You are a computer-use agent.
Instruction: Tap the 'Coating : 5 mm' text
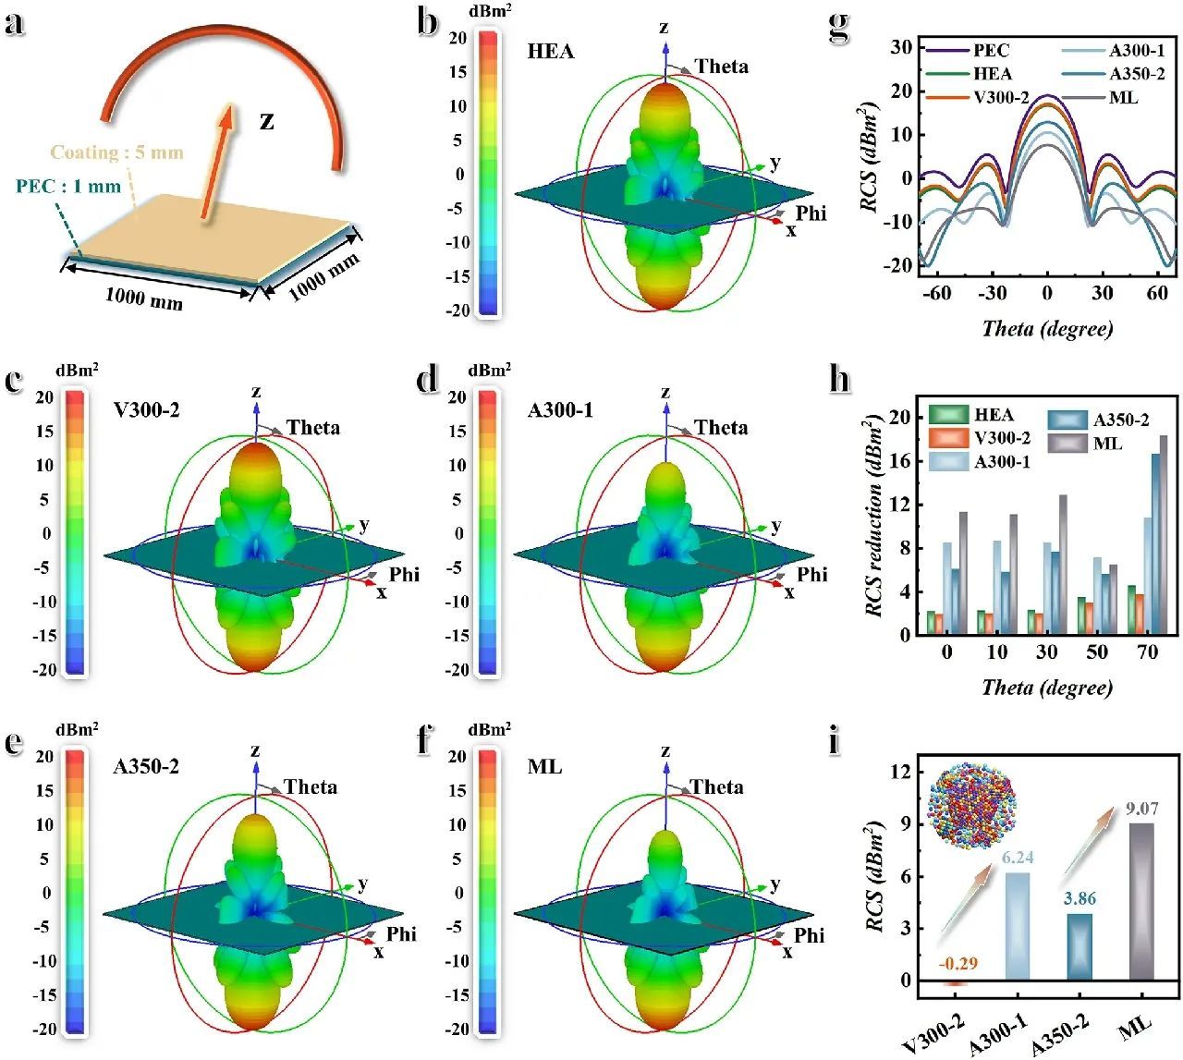pyautogui.click(x=116, y=152)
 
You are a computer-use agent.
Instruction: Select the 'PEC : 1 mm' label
pyautogui.click(x=68, y=187)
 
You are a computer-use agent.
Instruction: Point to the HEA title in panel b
pyautogui.click(x=551, y=52)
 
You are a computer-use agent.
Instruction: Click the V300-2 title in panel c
pyautogui.click(x=146, y=408)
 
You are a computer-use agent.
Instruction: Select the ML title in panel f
pyautogui.click(x=545, y=767)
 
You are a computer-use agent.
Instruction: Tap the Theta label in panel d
pyautogui.click(x=721, y=428)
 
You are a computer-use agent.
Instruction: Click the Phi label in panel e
pyautogui.click(x=401, y=934)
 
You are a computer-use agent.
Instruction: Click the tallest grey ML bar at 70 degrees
pyautogui.click(x=1164, y=535)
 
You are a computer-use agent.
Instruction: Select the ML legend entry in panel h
pyautogui.click(x=1107, y=444)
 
